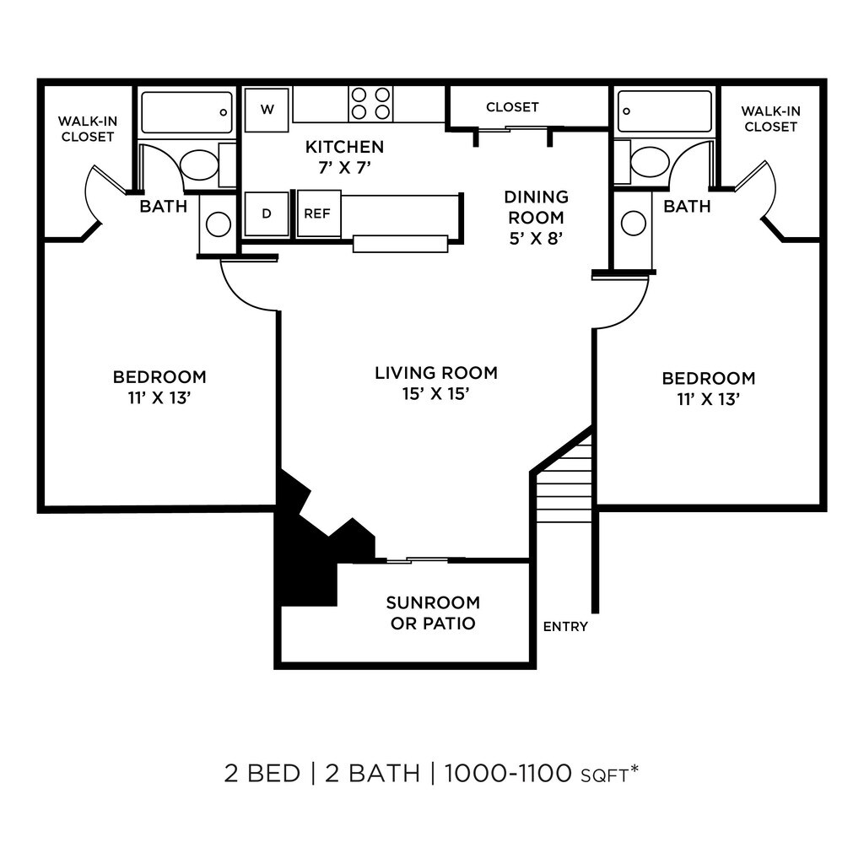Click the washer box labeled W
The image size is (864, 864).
[x=267, y=110]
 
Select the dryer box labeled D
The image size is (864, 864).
[x=267, y=213]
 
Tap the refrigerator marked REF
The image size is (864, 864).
[x=317, y=213]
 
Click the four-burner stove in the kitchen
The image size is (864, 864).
[x=370, y=104]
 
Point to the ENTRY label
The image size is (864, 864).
[x=565, y=627]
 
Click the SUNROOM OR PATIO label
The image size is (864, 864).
[x=432, y=613]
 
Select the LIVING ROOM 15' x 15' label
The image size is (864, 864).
[x=436, y=382]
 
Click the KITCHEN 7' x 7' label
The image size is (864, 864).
[x=344, y=157]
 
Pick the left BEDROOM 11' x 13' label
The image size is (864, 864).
[x=159, y=386]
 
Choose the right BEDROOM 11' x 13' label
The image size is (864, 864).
[x=708, y=388]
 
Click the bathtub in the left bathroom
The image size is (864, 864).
[x=186, y=112]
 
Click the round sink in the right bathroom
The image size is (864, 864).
[x=634, y=224]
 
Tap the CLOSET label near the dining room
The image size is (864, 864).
[x=512, y=107]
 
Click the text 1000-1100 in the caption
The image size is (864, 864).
[x=508, y=772]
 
